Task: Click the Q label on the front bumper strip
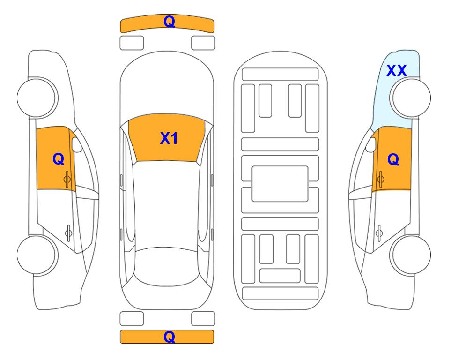pos(169,21)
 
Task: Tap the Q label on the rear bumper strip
pos(169,337)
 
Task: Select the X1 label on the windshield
pos(169,138)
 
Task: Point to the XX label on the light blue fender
pos(396,71)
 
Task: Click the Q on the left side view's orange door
pos(59,159)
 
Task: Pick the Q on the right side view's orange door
pos(393,159)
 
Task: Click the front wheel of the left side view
pos(37,97)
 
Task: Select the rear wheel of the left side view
pos(37,255)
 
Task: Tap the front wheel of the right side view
pos(411,97)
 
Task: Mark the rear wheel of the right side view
pos(411,255)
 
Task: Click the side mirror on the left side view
pos(76,144)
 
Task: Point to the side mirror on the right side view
pos(371,144)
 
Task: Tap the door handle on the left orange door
pos(67,179)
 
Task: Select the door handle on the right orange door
pos(380,179)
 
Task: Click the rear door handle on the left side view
pos(68,233)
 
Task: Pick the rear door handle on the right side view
pos(379,233)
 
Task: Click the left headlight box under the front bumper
pos(132,43)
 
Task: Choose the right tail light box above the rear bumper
pos(203,319)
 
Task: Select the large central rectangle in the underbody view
pos(280,184)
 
